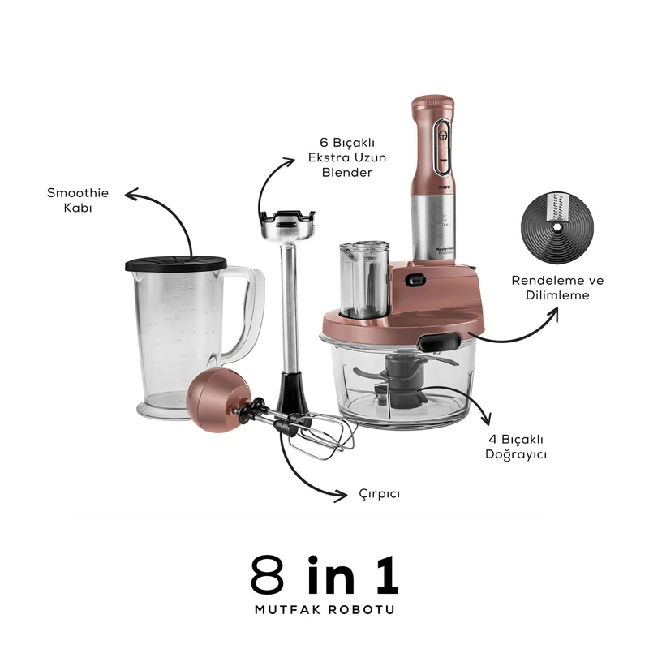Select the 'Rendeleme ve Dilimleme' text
[x=557, y=288]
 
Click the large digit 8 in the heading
[x=273, y=576]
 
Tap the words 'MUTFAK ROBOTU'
[x=324, y=608]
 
